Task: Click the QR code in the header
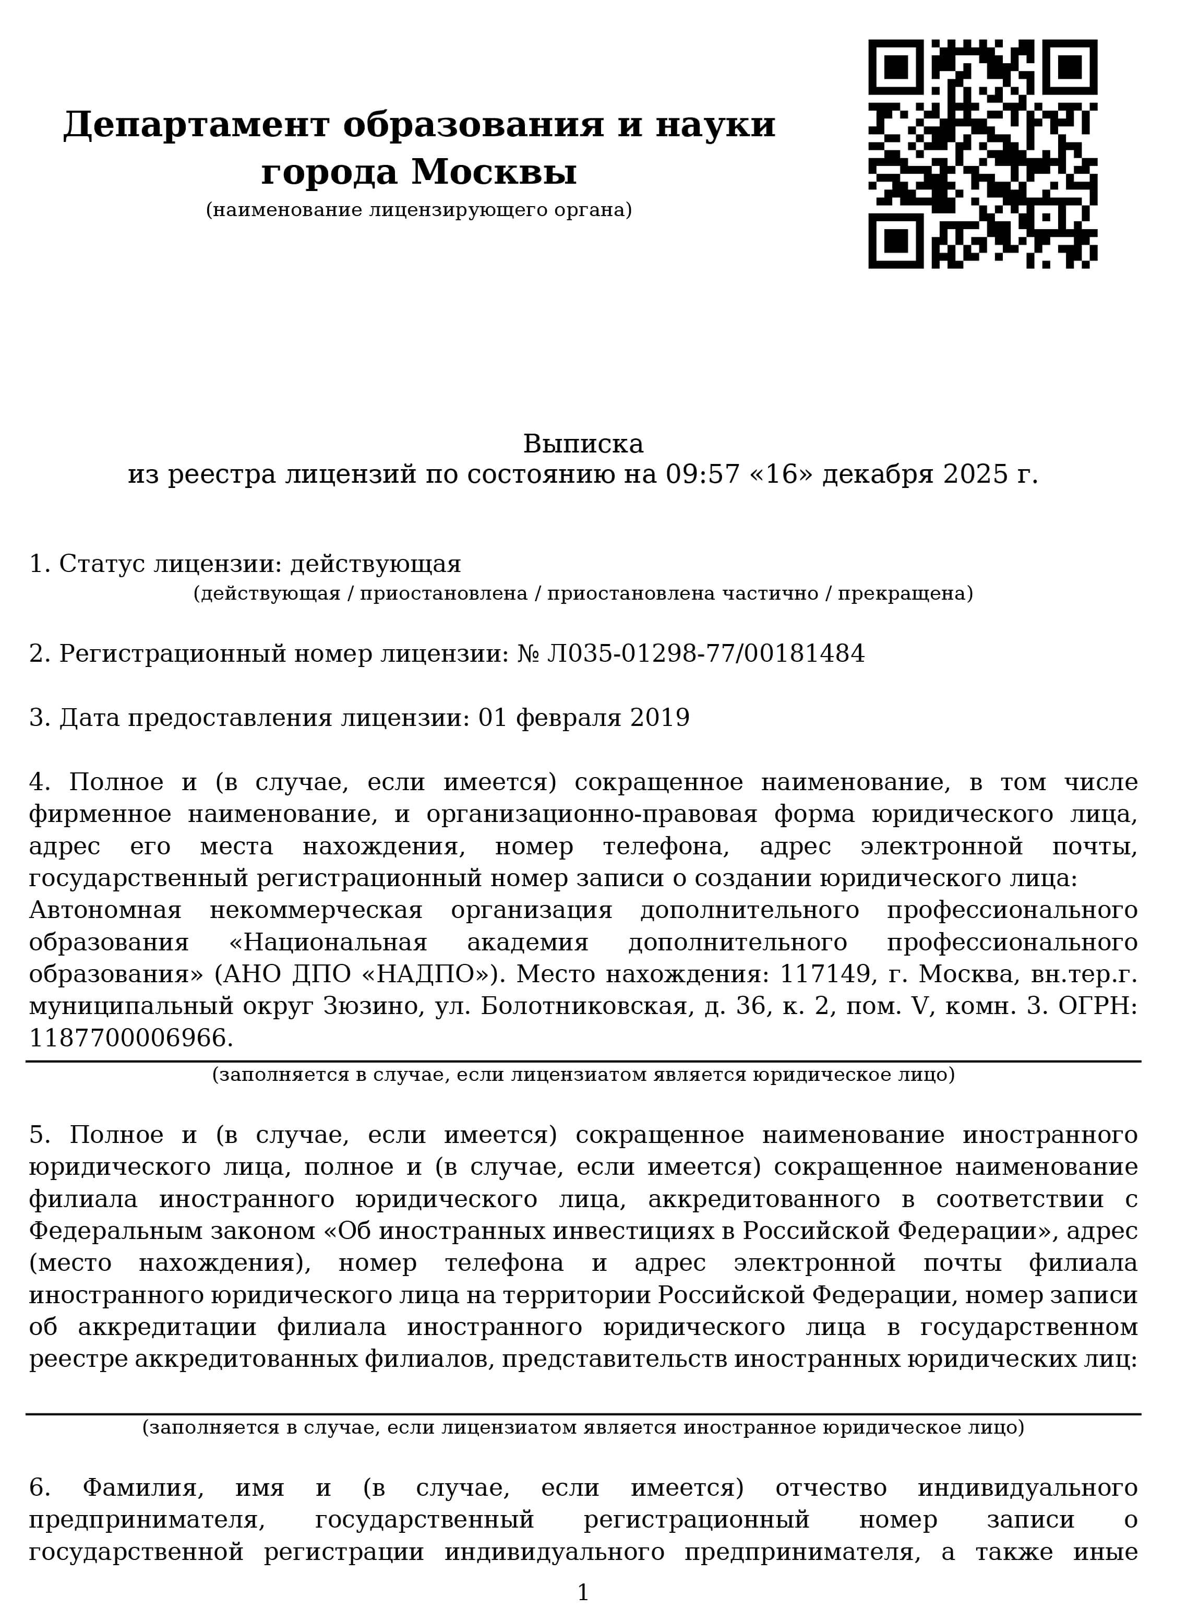[x=982, y=154]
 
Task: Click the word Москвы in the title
[x=494, y=173]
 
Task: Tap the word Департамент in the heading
[x=196, y=125]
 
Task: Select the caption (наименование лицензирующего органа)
[x=419, y=210]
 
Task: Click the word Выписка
[x=583, y=444]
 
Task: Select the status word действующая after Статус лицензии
[x=375, y=564]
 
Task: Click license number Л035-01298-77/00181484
[x=705, y=653]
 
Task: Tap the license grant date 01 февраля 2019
[x=583, y=718]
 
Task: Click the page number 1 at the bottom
[x=583, y=1592]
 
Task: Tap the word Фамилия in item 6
[x=143, y=1488]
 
